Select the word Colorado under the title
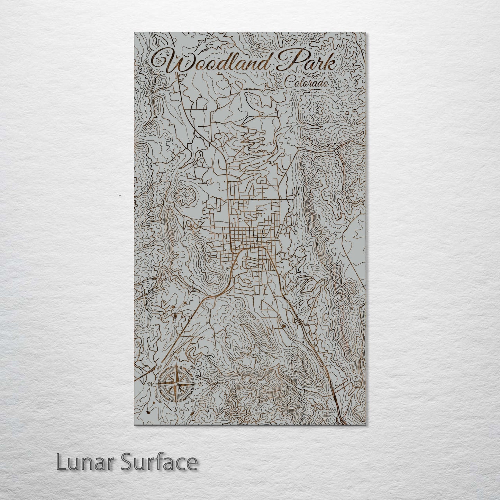pyautogui.click(x=306, y=83)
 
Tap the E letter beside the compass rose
pyautogui.click(x=200, y=384)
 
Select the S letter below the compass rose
pyautogui.click(x=175, y=409)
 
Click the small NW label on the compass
pyautogui.click(x=160, y=367)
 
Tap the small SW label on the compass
pyautogui.click(x=160, y=400)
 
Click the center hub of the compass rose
pyautogui.click(x=176, y=384)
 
